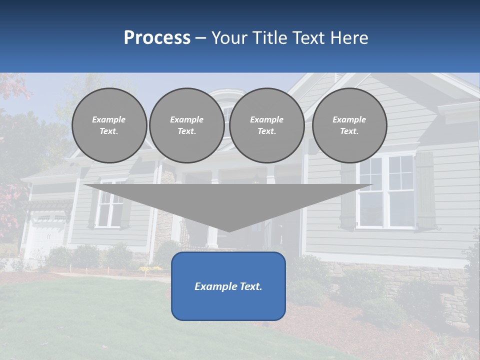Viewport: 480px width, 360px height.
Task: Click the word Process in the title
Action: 157,38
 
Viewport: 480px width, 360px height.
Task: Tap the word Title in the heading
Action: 269,38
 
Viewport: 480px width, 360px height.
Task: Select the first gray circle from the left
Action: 109,125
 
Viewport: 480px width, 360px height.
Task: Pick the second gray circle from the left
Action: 187,125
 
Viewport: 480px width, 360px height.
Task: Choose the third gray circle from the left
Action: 267,125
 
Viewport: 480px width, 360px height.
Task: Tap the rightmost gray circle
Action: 349,125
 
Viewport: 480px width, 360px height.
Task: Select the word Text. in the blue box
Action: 252,286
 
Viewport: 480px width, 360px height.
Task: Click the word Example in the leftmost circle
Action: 109,119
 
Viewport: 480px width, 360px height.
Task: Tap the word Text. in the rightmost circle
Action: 349,131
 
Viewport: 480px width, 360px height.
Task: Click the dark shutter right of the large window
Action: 425,190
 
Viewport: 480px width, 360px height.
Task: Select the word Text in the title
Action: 308,38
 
